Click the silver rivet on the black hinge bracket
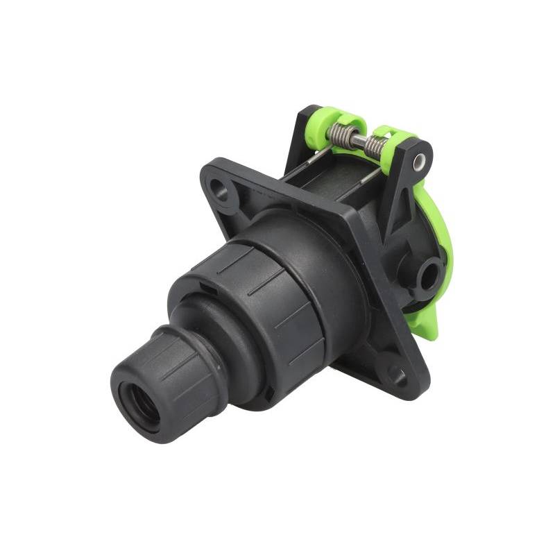pos(419,162)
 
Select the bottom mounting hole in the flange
pos(397,375)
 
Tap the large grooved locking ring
pos(291,298)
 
